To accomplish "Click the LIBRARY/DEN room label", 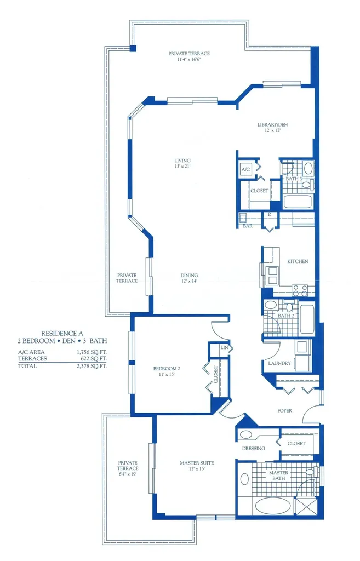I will [272, 125].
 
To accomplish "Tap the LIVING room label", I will [182, 160].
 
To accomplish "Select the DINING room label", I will [189, 276].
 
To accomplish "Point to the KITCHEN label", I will [298, 261].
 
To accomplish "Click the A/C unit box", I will [245, 170].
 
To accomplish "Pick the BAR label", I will [248, 225].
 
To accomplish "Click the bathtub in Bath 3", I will [298, 201].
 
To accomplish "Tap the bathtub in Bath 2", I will [307, 319].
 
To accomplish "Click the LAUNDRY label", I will [279, 363].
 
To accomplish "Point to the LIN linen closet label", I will [224, 347].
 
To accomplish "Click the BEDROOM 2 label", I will [167, 368].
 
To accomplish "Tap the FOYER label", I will [284, 410].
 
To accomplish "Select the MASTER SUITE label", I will [197, 463].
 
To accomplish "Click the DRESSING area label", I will [253, 448].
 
